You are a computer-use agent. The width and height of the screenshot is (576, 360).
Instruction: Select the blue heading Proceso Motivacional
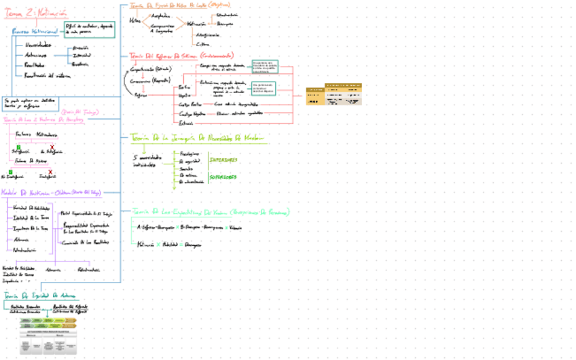[x=35, y=31]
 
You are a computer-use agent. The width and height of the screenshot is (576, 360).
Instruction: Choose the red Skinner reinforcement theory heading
[x=181, y=55]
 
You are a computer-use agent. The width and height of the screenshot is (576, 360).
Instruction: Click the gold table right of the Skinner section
[x=334, y=94]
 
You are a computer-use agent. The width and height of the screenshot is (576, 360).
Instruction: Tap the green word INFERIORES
[x=223, y=160]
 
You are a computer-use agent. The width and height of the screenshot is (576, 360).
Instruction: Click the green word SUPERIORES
[x=223, y=177]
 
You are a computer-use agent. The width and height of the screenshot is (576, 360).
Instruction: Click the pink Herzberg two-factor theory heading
[x=43, y=120]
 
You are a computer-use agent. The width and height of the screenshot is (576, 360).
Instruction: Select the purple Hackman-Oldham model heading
[x=51, y=193]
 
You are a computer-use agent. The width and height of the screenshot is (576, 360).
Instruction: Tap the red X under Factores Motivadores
[x=52, y=147]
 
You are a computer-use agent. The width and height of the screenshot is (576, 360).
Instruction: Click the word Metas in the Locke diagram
[x=135, y=20]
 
